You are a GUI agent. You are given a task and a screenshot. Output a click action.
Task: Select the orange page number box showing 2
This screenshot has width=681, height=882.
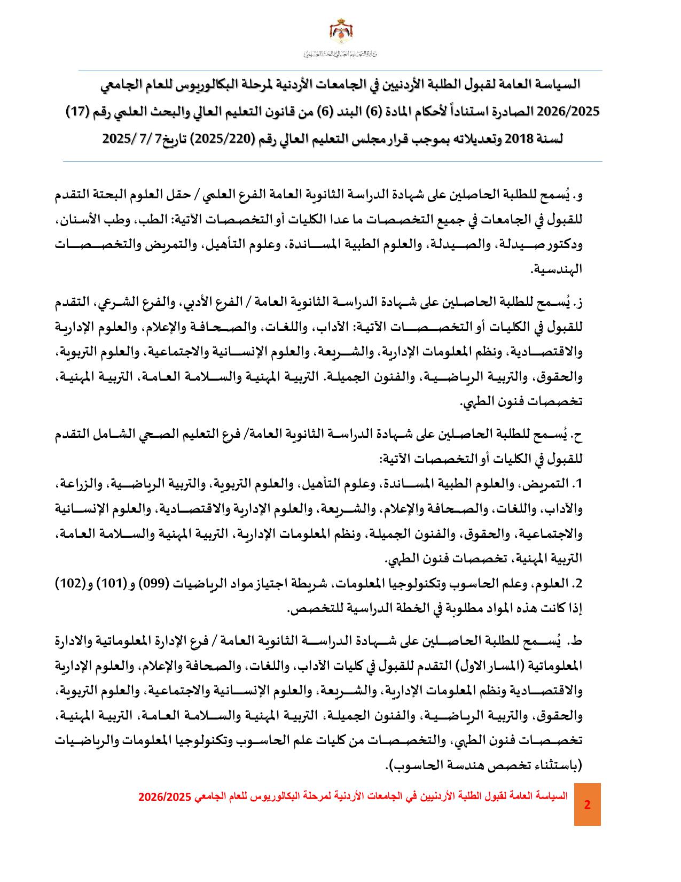click(587, 804)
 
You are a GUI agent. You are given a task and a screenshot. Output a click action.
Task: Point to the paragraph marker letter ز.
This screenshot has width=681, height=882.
click(578, 303)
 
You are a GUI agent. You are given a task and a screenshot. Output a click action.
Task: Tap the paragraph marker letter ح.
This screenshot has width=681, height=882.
click(577, 436)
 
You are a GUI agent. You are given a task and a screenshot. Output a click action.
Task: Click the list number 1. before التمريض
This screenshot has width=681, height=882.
click(577, 484)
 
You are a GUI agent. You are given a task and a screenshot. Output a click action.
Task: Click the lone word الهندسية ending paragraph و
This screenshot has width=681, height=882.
click(556, 269)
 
